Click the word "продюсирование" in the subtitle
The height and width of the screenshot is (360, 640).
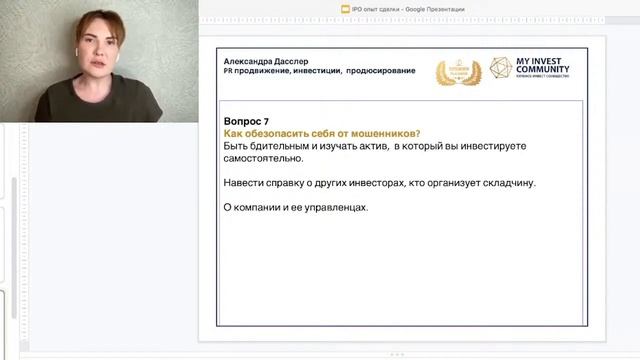point(381,71)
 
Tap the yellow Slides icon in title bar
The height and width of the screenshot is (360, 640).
point(345,9)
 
